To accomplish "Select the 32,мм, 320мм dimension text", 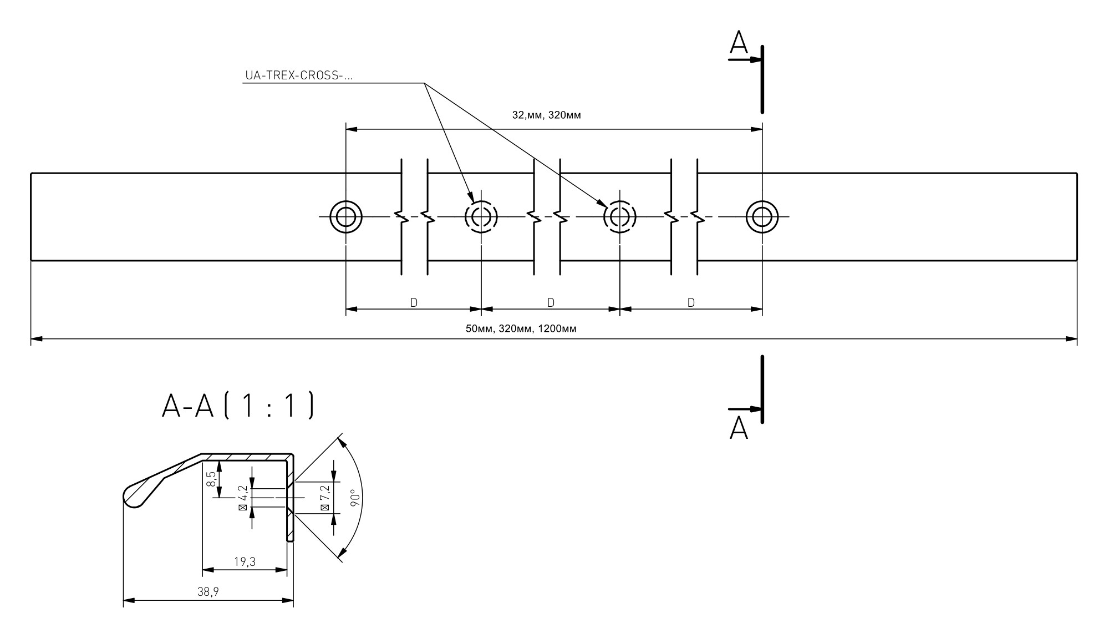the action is coord(546,115).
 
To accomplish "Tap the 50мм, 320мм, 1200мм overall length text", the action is coord(521,329).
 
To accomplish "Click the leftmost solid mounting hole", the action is coord(346,216).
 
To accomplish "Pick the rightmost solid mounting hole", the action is coord(762,216).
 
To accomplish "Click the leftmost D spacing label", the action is coord(414,303).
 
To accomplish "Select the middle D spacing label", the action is coord(551,303).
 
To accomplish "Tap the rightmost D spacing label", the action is coord(691,303).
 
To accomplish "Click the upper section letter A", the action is coord(739,43).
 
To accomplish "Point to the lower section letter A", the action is coord(739,428).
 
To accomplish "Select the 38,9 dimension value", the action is coord(208,592).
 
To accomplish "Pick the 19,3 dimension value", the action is coord(245,562).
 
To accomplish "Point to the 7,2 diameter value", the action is coord(325,498).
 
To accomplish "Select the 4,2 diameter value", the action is coord(242,498).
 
